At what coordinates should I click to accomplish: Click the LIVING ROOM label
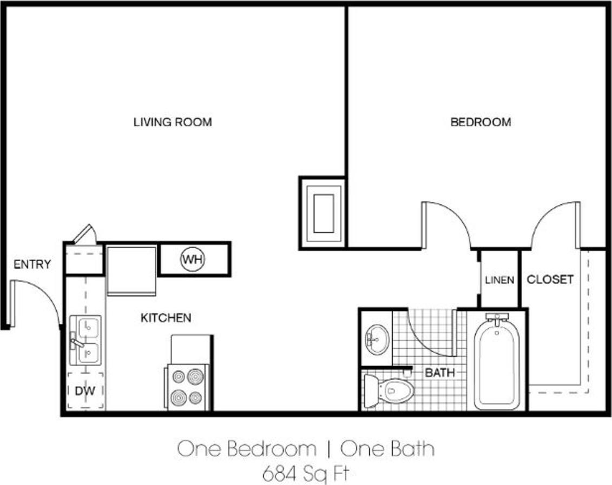(x=173, y=122)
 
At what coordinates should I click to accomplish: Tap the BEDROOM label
(x=481, y=122)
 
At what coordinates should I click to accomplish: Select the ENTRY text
(x=32, y=264)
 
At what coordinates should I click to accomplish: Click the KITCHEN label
(x=166, y=317)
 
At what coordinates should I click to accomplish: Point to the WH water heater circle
(x=192, y=260)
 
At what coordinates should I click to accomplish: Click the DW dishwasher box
(x=85, y=391)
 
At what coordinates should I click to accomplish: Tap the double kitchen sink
(x=86, y=340)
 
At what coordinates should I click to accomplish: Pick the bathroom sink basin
(x=377, y=339)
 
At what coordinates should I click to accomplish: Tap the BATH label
(x=439, y=373)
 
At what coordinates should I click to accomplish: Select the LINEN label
(x=499, y=280)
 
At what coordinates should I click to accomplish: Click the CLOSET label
(x=550, y=280)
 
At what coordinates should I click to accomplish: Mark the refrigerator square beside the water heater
(x=131, y=270)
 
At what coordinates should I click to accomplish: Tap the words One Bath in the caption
(x=388, y=449)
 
